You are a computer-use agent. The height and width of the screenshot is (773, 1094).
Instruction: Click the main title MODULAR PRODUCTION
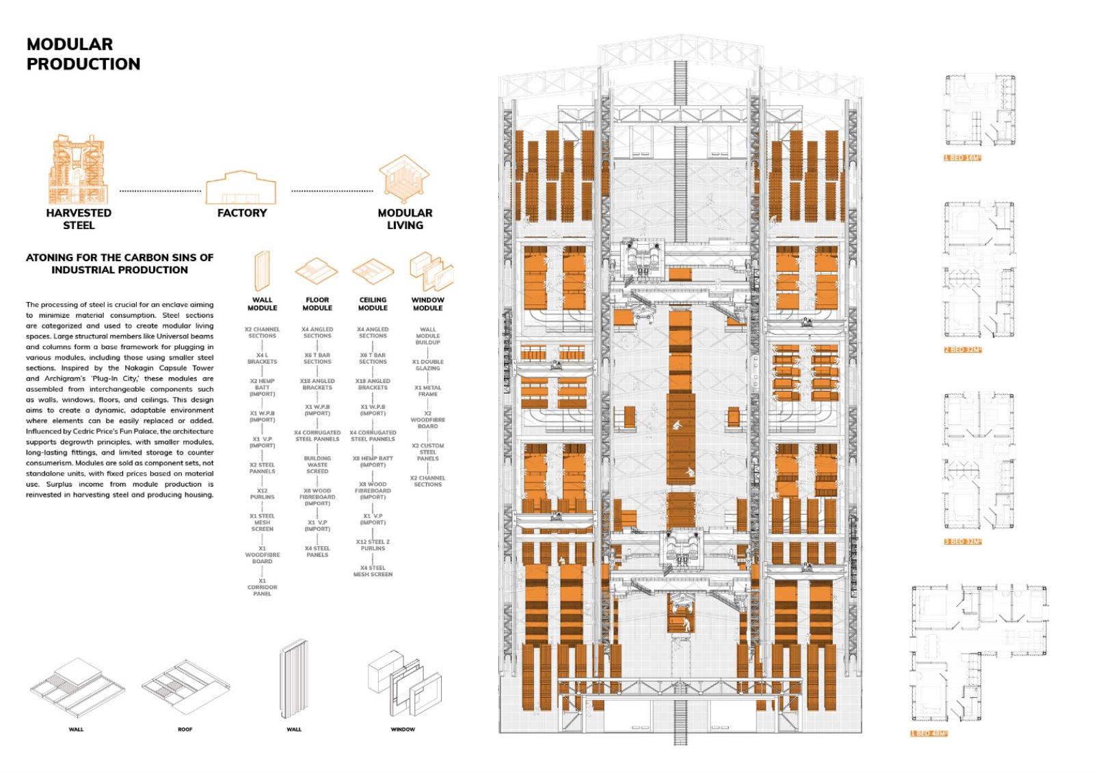tap(83, 54)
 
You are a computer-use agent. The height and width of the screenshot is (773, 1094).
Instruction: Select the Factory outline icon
tap(241, 187)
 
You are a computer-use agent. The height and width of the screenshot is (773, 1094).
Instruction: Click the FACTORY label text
tap(241, 213)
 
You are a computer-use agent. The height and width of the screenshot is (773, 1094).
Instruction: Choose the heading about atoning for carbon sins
tap(120, 264)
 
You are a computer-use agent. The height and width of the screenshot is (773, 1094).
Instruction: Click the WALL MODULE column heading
tap(262, 304)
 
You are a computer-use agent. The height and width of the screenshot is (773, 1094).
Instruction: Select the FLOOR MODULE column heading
tap(317, 304)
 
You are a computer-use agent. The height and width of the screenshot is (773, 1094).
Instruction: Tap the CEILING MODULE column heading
tap(373, 304)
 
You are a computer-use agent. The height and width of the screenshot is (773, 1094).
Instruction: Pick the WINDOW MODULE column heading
tap(428, 304)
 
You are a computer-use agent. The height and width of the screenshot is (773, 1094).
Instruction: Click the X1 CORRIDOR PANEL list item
tap(262, 587)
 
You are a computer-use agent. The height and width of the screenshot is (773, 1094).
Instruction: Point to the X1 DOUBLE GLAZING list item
tap(428, 365)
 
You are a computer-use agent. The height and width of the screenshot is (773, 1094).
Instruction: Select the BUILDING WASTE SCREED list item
tap(317, 465)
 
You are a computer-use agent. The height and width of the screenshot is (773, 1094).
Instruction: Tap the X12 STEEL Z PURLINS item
tap(373, 545)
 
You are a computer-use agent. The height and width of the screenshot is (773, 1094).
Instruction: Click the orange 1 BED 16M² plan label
tap(963, 158)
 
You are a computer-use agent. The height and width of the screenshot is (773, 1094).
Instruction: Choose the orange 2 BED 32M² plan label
tap(963, 350)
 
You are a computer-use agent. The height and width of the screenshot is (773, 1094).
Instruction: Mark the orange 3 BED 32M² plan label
tap(963, 542)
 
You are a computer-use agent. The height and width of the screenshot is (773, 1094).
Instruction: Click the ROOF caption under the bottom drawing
tap(185, 730)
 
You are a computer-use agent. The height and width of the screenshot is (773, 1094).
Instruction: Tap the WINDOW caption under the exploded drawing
tap(403, 730)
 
